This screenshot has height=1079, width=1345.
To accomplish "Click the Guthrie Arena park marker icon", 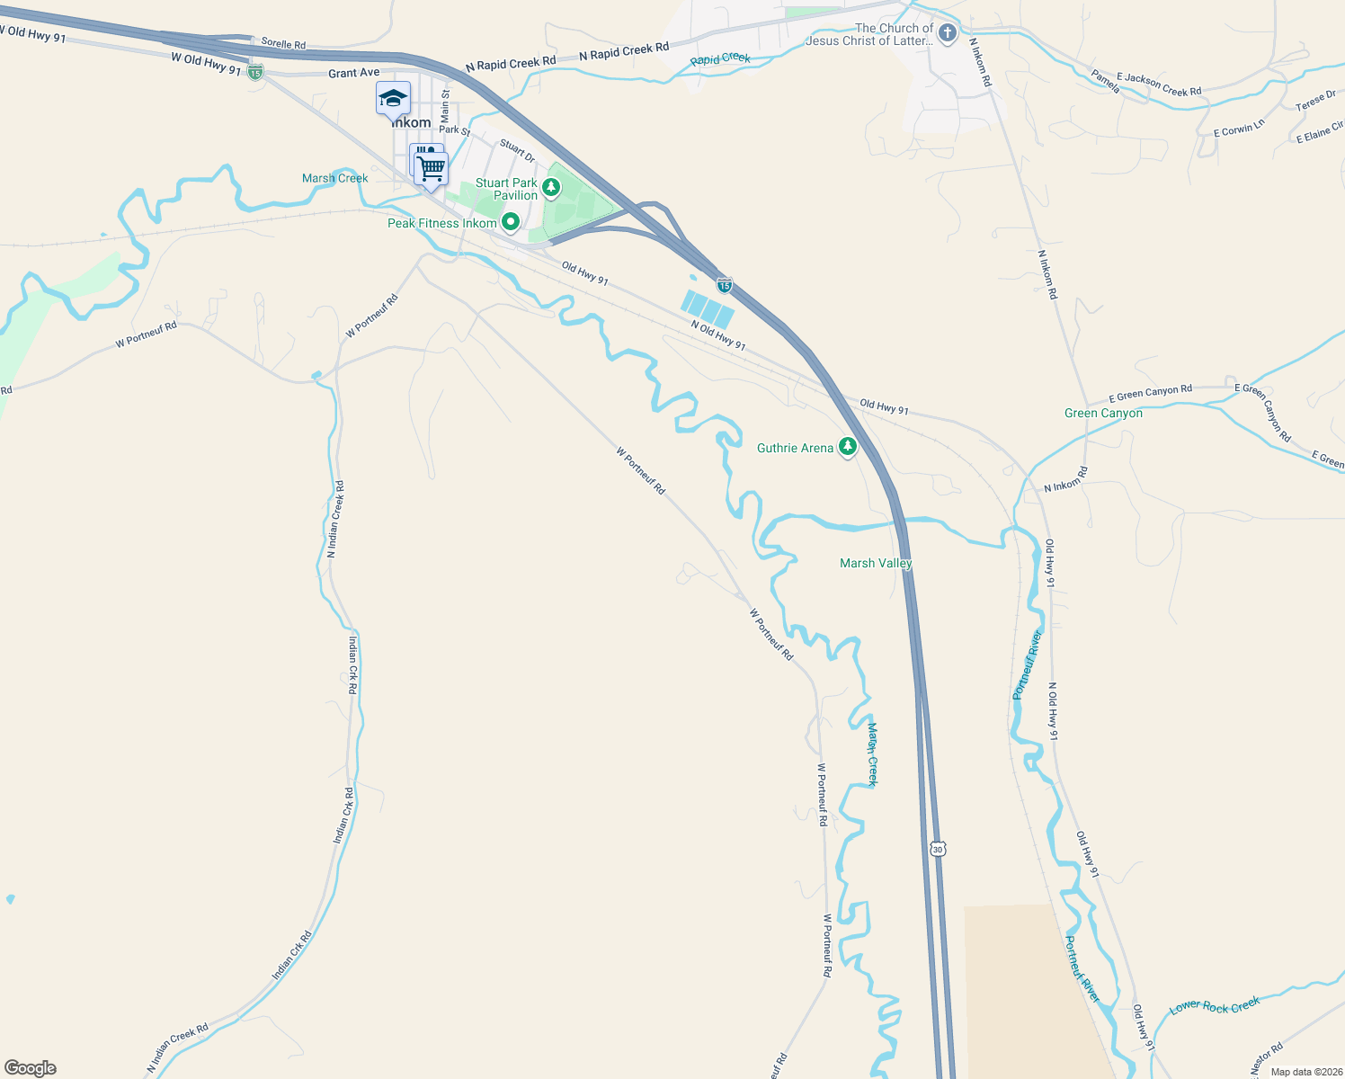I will [847, 446].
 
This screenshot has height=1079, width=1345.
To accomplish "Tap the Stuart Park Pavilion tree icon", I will [550, 188].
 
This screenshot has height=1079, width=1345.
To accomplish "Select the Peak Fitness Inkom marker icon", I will [511, 221].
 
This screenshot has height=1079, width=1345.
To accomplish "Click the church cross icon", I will [947, 34].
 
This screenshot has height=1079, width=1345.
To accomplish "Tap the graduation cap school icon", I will [393, 98].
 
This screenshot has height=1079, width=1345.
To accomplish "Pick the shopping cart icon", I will [432, 168].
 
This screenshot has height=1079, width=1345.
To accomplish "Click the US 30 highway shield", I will [938, 849].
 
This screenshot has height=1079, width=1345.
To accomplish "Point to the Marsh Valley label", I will [876, 563].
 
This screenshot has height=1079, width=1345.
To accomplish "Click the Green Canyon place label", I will [1103, 414].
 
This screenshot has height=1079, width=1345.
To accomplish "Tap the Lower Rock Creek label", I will [1215, 1006].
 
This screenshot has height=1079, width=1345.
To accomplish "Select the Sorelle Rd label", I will [283, 43].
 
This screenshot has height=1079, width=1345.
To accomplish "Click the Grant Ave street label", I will [354, 73].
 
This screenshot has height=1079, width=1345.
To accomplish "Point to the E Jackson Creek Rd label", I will [1159, 85].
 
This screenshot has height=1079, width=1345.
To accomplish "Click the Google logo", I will [31, 1068].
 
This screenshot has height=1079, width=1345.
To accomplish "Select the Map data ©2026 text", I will [1303, 1072].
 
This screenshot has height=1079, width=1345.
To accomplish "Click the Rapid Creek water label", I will [720, 58].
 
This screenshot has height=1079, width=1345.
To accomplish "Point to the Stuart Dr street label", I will [517, 150].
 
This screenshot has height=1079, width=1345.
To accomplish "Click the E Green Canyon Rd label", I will [1150, 393].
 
